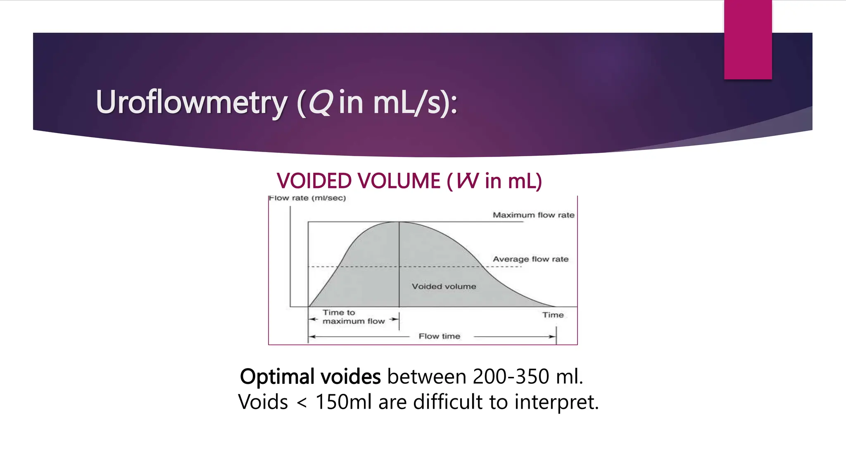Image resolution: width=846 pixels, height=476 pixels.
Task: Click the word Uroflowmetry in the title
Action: tap(191, 102)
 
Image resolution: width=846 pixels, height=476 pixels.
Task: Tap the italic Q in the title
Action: tap(320, 102)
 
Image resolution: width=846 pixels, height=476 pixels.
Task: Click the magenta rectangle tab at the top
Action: tap(748, 39)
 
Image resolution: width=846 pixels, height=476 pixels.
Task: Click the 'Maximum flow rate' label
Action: tap(533, 215)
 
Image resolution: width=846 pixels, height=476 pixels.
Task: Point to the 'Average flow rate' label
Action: tap(530, 259)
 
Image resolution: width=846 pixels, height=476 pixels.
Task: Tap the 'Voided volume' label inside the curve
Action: tap(444, 286)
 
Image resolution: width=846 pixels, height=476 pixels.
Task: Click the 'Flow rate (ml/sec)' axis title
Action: tap(307, 198)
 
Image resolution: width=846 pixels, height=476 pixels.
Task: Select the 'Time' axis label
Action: tap(553, 315)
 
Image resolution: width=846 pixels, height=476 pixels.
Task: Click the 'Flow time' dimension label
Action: tap(439, 336)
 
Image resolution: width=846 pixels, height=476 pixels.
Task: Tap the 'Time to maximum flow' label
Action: tap(353, 317)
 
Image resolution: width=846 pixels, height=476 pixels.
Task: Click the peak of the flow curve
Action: tap(399, 222)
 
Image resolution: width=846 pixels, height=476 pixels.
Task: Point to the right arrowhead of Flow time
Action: tap(553, 336)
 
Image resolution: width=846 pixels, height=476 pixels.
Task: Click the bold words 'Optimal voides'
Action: tap(310, 376)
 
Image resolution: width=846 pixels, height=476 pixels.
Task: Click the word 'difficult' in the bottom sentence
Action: tap(448, 402)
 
